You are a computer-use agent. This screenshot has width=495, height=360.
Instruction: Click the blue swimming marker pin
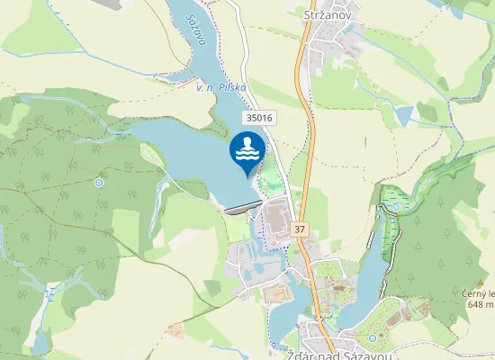click(247, 150)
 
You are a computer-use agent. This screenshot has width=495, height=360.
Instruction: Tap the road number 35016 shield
click(258, 118)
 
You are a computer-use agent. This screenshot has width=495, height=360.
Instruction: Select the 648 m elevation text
click(481, 305)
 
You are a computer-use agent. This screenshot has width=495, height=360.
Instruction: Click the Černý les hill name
click(480, 293)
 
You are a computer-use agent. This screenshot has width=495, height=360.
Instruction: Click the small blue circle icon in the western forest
click(99, 182)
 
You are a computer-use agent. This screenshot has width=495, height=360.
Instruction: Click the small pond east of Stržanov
click(406, 114)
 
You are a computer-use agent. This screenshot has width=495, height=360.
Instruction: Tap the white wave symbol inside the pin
click(247, 155)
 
